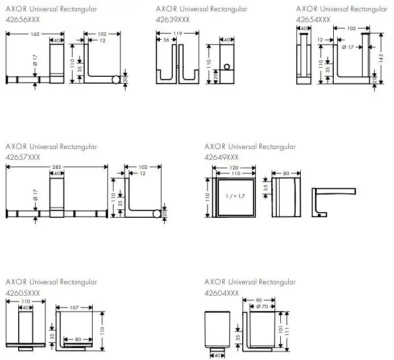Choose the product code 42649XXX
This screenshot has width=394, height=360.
coord(221,156)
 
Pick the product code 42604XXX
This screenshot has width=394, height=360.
coord(221,292)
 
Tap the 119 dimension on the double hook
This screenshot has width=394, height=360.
coord(178,34)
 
